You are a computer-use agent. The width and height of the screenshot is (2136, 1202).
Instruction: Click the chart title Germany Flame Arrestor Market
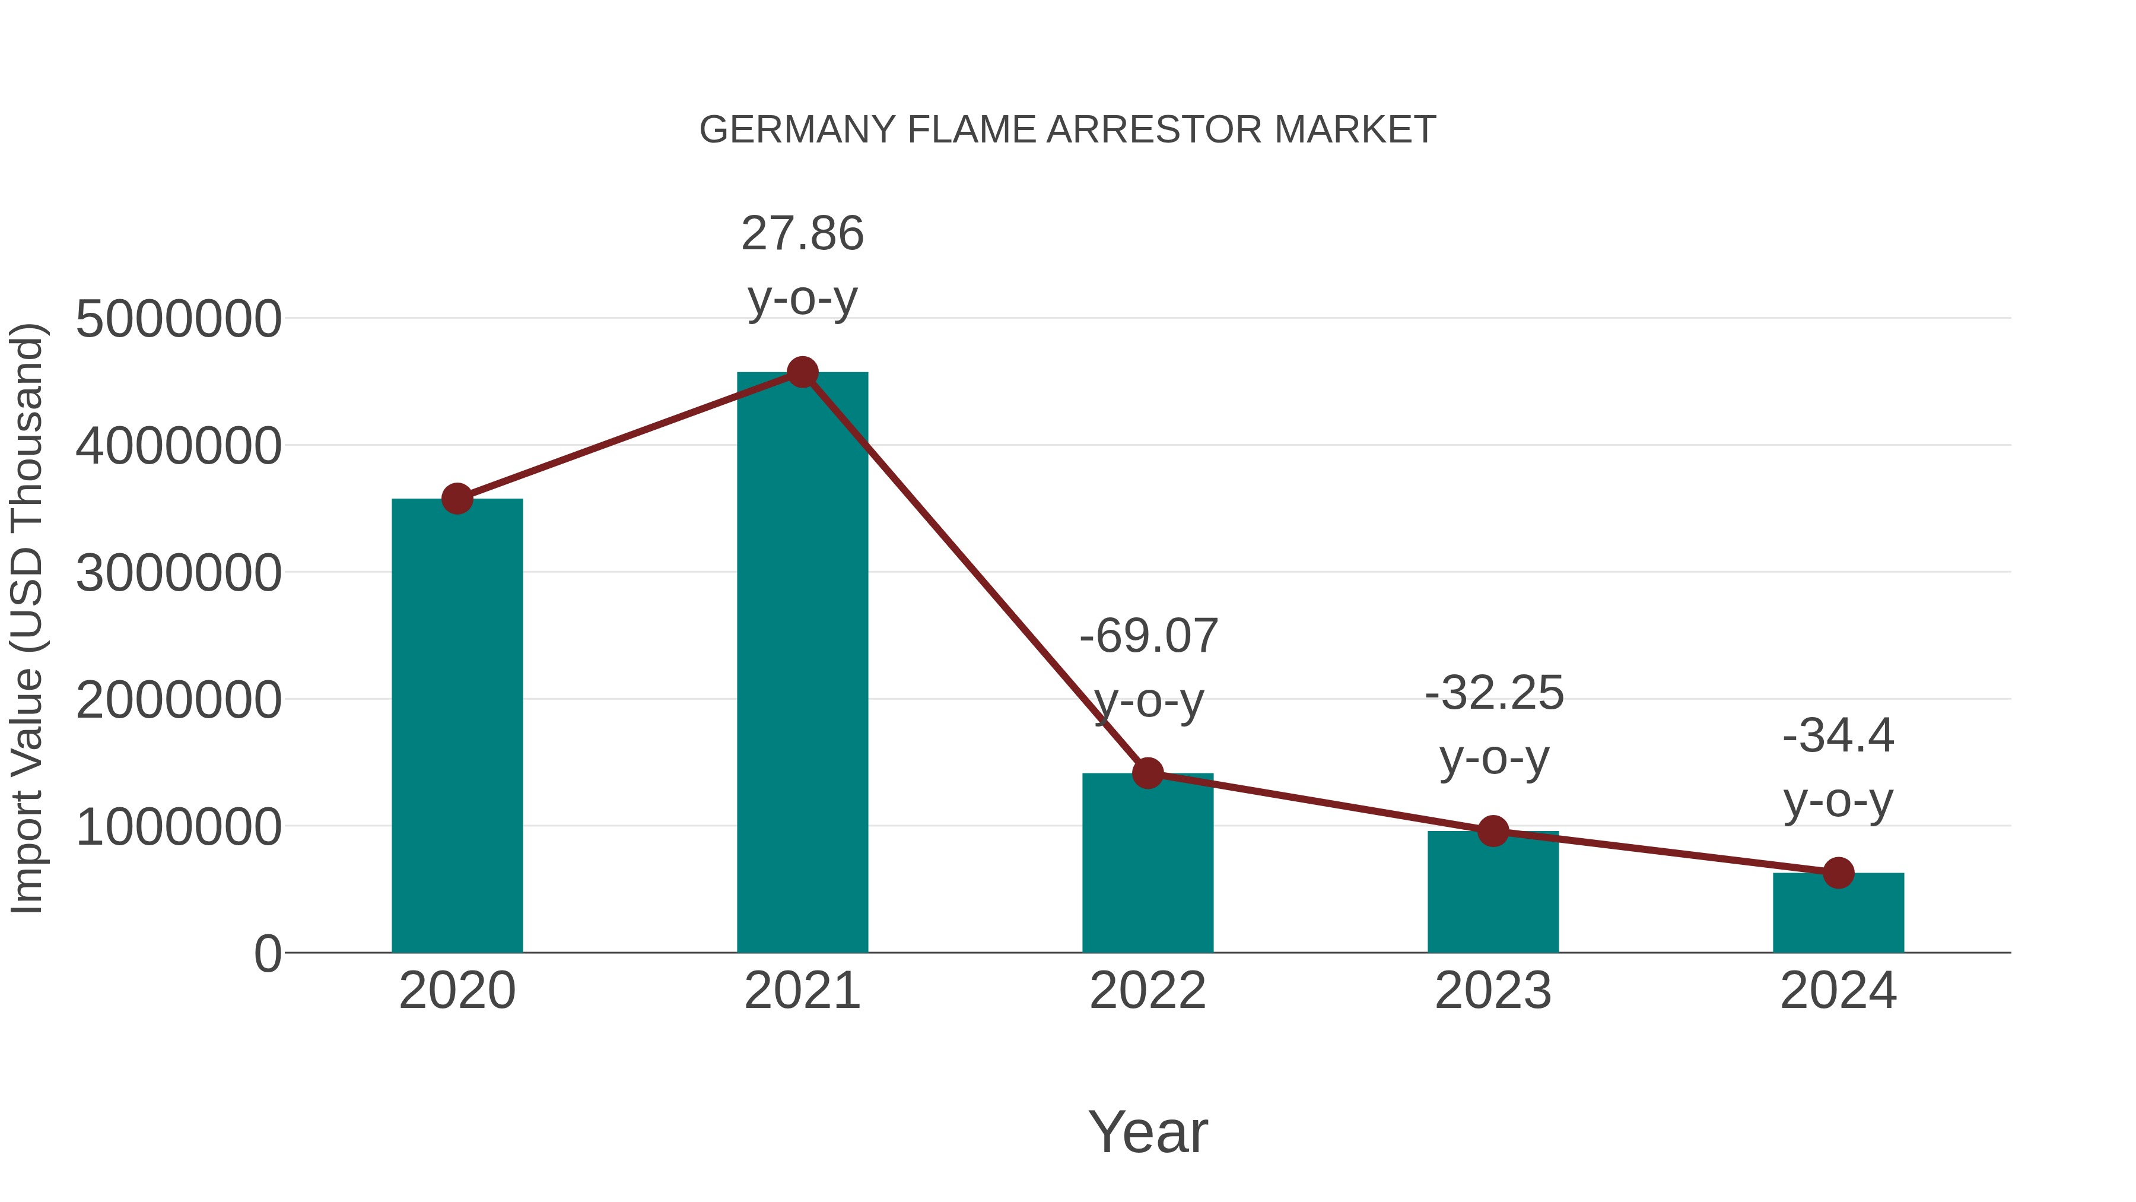pyautogui.click(x=1067, y=130)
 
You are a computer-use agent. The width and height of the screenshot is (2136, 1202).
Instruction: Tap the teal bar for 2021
pyautogui.click(x=802, y=664)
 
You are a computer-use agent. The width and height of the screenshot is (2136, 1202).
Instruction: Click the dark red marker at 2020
pyautogui.click(x=457, y=499)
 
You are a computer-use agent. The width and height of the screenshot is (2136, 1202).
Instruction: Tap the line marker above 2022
pyautogui.click(x=1148, y=773)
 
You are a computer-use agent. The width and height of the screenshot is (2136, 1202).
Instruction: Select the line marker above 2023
pyautogui.click(x=1493, y=830)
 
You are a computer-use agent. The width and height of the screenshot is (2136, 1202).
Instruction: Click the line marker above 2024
pyautogui.click(x=1838, y=873)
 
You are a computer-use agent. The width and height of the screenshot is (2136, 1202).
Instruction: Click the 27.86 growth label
pyautogui.click(x=802, y=234)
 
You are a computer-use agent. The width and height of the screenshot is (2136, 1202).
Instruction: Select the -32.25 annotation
pyautogui.click(x=1493, y=693)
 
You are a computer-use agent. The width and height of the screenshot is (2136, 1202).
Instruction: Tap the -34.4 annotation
pyautogui.click(x=1838, y=737)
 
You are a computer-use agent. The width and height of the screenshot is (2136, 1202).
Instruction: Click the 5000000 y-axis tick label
pyautogui.click(x=178, y=319)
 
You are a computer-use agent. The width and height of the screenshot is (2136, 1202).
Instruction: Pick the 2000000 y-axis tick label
pyautogui.click(x=178, y=700)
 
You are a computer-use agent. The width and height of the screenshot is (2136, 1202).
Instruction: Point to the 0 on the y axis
pyautogui.click(x=267, y=954)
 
